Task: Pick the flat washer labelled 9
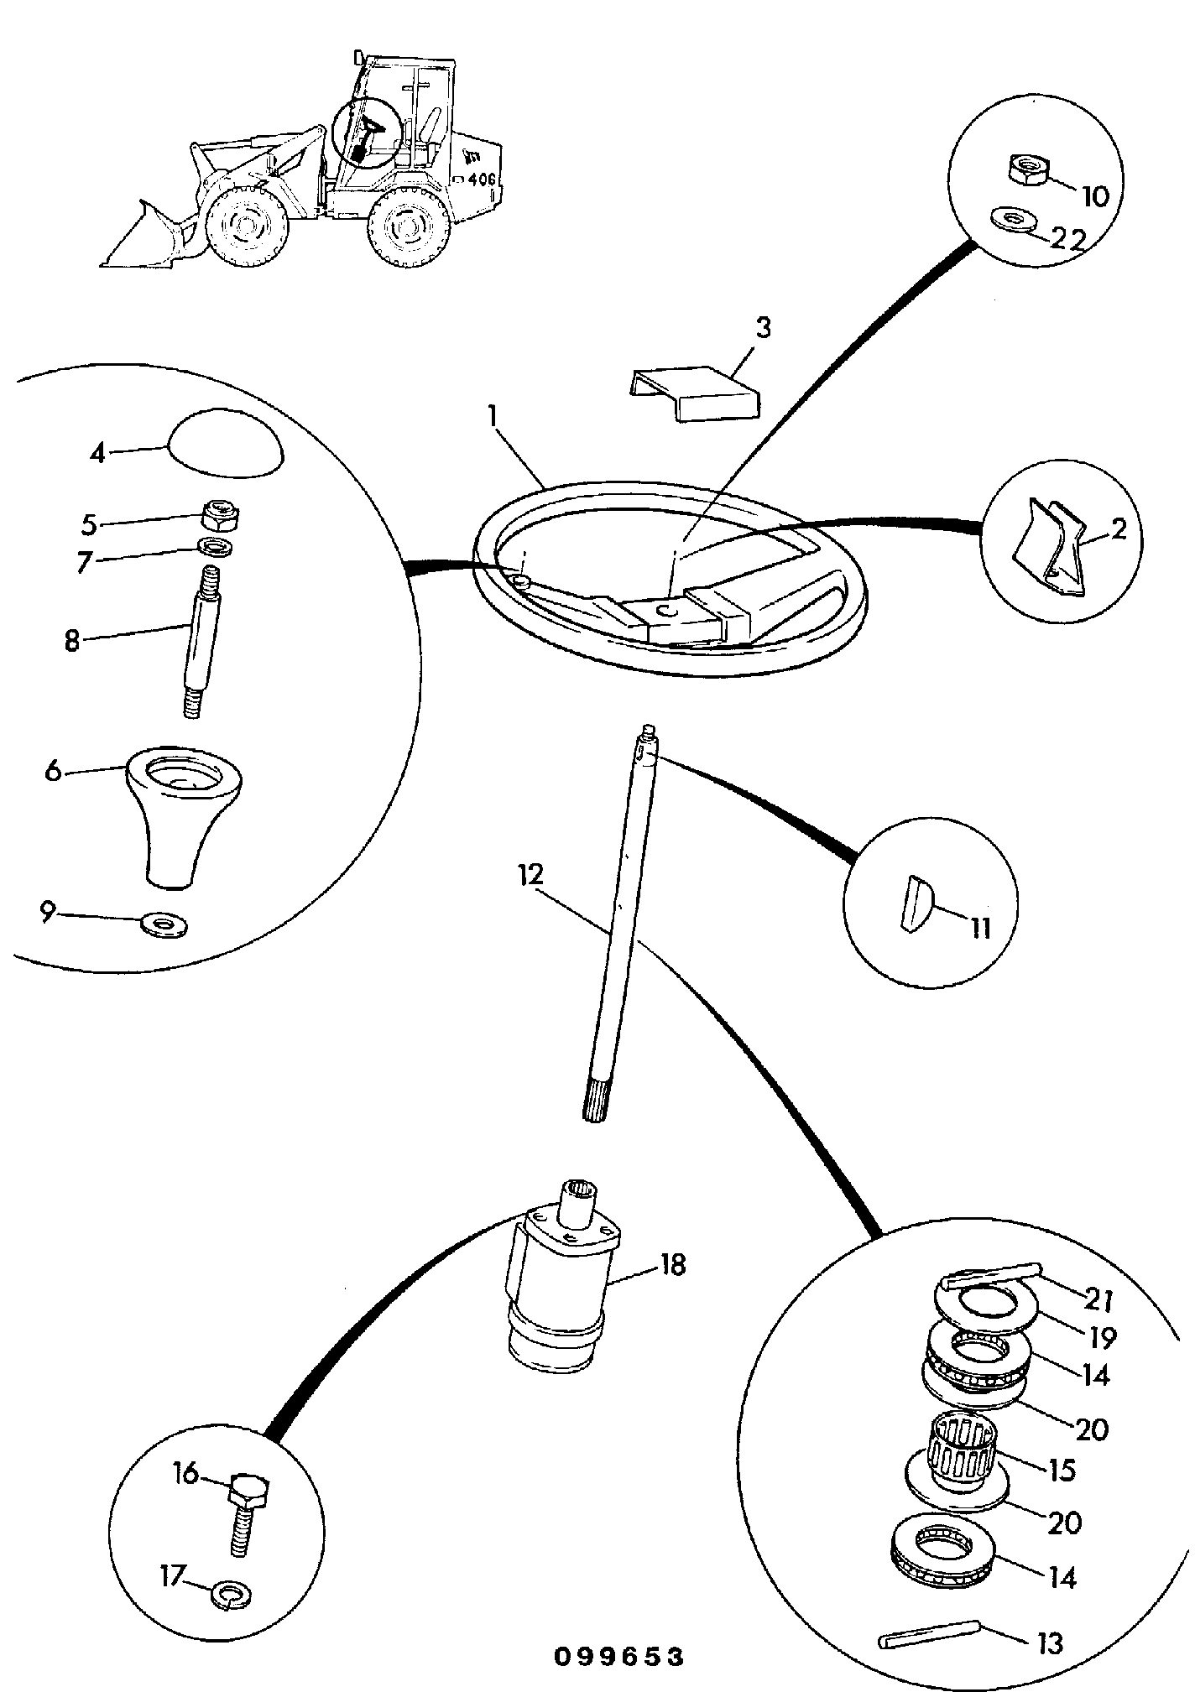pyautogui.click(x=164, y=924)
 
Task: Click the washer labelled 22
pyautogui.click(x=1013, y=218)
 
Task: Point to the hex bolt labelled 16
pyautogui.click(x=247, y=1510)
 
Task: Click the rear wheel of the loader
pyautogui.click(x=405, y=224)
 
